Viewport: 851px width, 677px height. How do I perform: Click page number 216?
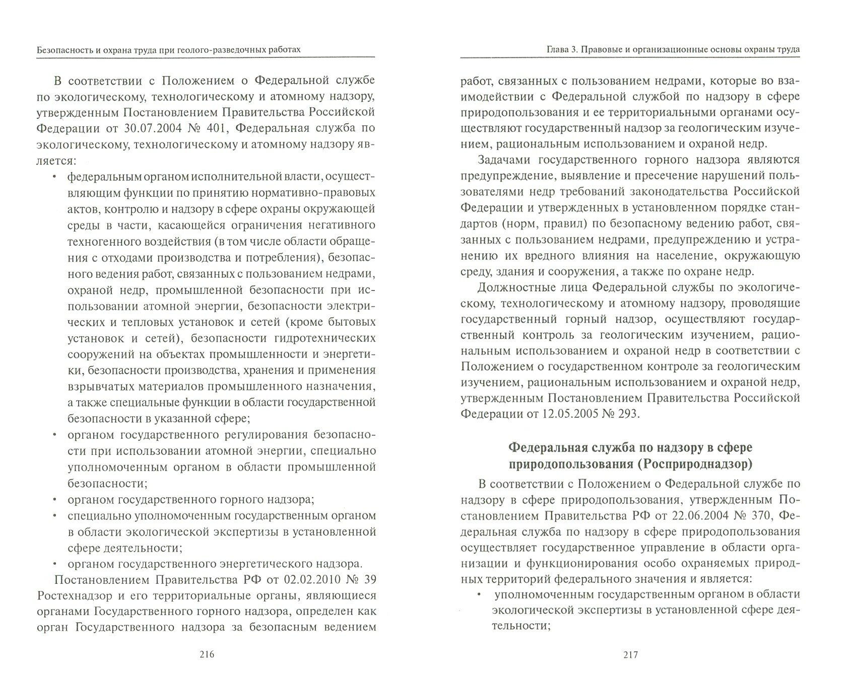[x=207, y=655]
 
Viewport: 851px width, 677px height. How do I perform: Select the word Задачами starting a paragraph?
[x=504, y=160]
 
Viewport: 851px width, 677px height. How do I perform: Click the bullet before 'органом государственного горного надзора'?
[x=54, y=500]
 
